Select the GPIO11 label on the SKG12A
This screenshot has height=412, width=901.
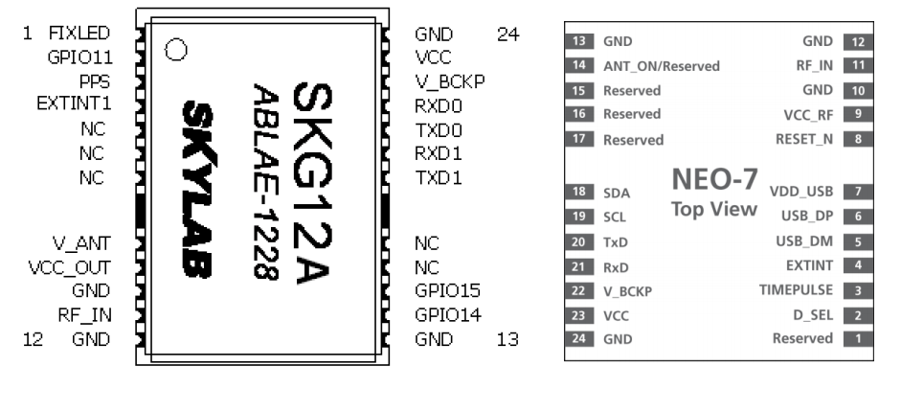pos(80,57)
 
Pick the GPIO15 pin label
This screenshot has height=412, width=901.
pos(448,290)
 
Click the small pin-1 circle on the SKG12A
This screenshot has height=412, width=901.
pos(175,50)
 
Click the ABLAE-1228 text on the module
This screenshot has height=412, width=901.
pos(263,182)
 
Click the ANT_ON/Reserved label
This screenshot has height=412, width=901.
pos(661,67)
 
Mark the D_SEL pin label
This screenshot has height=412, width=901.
pos(812,314)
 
